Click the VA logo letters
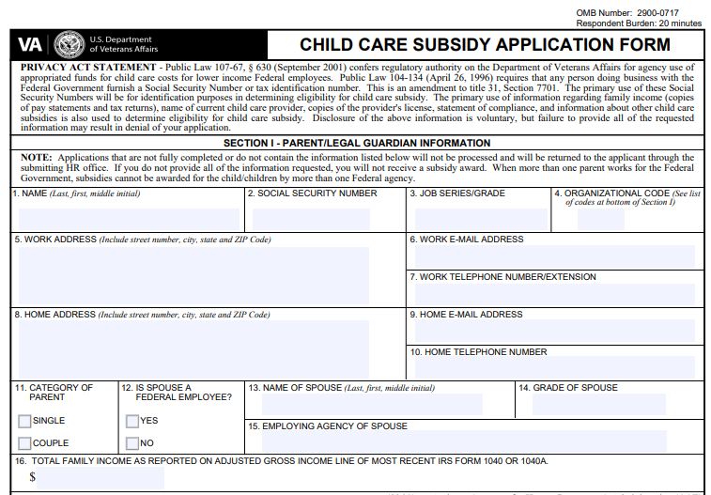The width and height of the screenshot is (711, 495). coord(30,44)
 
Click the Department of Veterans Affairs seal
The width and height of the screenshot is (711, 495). coord(69,44)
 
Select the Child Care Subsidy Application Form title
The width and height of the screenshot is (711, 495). coord(485,45)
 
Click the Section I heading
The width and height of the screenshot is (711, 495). coord(357,143)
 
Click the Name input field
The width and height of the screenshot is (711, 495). coord(129,218)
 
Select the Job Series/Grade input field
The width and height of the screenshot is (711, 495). coord(479,218)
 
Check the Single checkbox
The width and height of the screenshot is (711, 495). coord(24,421)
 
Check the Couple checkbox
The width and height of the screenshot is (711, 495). coord(24,443)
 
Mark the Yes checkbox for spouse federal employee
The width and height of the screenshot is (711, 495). coord(132,421)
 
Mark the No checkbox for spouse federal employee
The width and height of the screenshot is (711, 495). coord(132,443)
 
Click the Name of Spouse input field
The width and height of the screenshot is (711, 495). coord(372,405)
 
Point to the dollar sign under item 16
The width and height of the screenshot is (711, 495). coord(33,477)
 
